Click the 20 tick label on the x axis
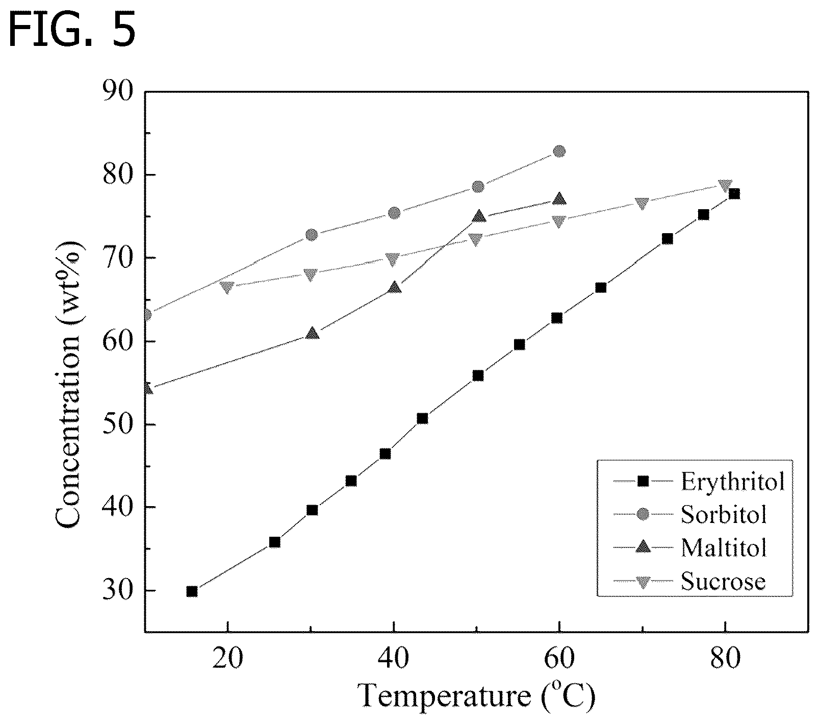click(228, 660)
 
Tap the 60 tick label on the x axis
click(559, 660)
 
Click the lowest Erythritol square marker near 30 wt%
click(192, 591)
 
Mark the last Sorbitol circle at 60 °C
click(559, 152)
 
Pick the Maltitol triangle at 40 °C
click(394, 288)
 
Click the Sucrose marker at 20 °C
click(227, 287)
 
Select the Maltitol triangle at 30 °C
click(313, 333)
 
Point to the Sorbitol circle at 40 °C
click(394, 213)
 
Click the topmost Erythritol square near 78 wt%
click(734, 193)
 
